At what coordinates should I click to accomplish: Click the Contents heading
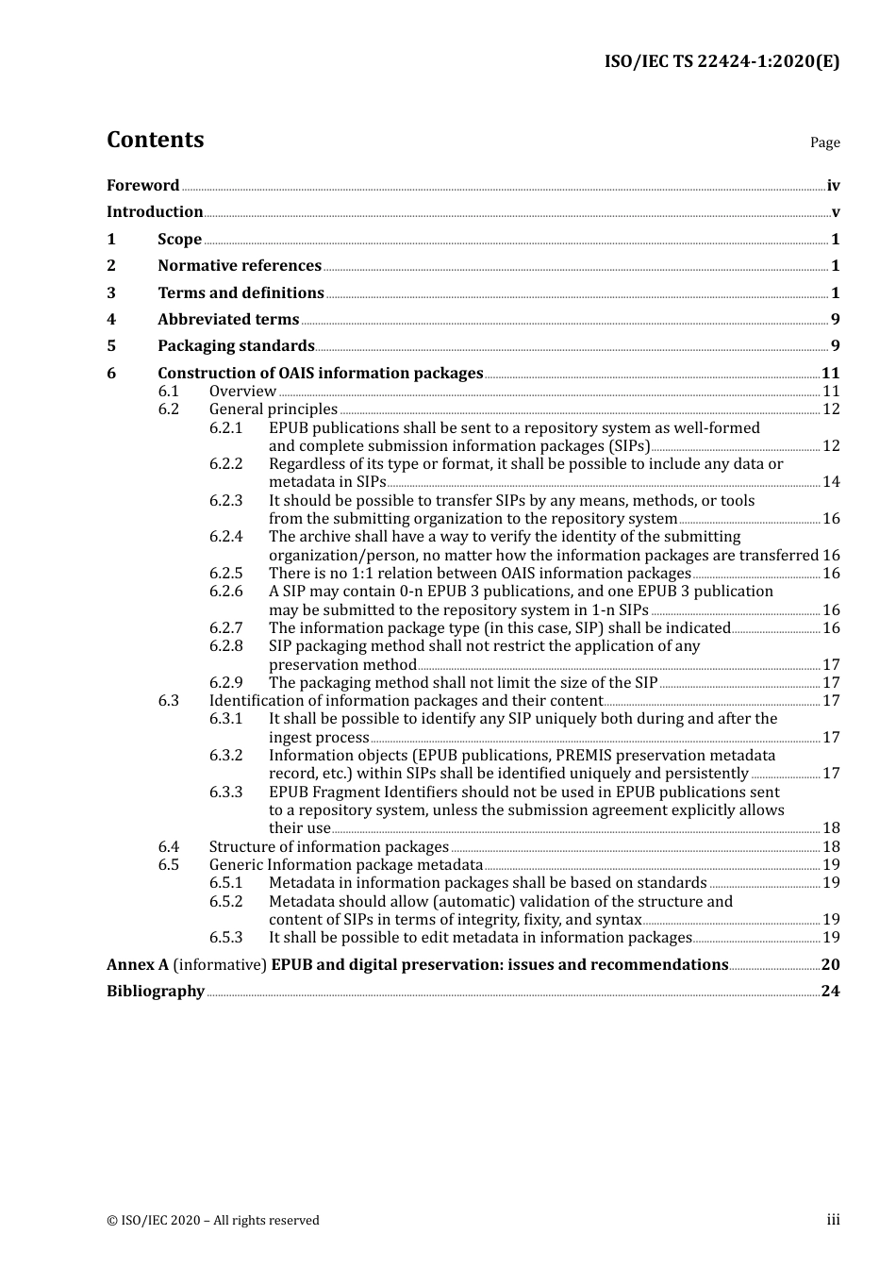pos(155,140)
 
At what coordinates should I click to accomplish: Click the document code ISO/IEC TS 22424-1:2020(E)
pos(722,61)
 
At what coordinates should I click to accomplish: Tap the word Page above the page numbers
pos(824,142)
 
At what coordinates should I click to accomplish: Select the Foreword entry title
pos(142,186)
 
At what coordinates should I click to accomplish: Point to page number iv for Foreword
pos(833,186)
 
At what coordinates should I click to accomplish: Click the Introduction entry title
pos(155,212)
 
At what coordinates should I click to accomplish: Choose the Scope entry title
pos(179,240)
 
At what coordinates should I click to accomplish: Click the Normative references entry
pos(240,266)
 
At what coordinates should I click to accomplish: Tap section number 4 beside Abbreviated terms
pos(111,320)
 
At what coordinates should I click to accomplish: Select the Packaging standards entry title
pos(236,346)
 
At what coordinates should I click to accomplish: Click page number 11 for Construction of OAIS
pos(830,374)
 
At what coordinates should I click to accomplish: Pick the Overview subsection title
pos(242,392)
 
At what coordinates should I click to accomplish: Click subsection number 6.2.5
pos(225,574)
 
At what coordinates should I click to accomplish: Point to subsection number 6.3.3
pos(225,792)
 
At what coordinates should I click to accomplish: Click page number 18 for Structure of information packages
pos(831,847)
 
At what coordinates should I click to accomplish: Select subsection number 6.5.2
pos(225,902)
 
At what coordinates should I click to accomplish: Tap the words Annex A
pos(138,965)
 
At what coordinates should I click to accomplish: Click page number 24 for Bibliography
pos(830,992)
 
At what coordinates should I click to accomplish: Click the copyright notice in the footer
pos(213,1221)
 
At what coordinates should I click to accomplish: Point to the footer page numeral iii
pos(833,1221)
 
